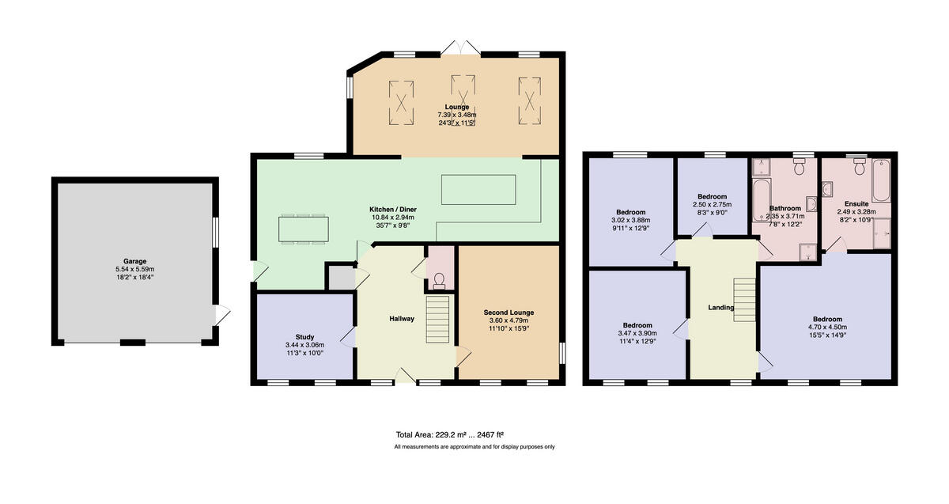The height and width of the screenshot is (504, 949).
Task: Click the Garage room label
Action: click(x=134, y=261)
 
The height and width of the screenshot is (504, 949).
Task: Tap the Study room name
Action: click(x=304, y=337)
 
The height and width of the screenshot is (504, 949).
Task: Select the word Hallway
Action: click(x=402, y=319)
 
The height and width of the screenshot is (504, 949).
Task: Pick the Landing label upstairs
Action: click(x=720, y=308)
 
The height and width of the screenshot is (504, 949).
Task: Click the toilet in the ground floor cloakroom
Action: click(x=440, y=279)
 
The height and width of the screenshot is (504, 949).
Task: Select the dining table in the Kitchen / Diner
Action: click(x=303, y=229)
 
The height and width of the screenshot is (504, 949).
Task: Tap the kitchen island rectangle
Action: click(x=478, y=189)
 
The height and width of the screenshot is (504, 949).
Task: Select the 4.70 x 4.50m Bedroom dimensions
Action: click(x=827, y=327)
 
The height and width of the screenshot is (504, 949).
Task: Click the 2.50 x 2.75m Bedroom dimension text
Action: click(x=709, y=204)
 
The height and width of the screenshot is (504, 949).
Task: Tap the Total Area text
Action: click(x=450, y=434)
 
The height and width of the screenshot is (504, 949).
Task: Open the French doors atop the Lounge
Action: click(x=461, y=48)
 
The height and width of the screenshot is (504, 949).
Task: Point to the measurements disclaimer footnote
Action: click(x=475, y=447)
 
